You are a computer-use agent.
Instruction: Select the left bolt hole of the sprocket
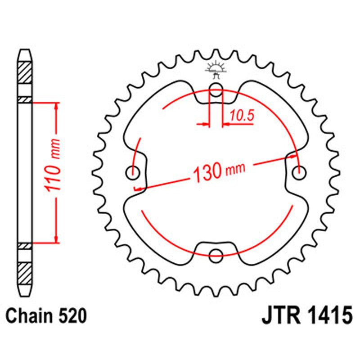tap(133, 172)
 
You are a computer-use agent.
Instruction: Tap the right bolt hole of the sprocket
tap(299, 171)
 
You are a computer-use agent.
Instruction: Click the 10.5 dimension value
tap(242, 116)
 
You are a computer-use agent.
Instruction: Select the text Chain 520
tap(46, 317)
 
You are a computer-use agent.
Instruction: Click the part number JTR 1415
tap(306, 316)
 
